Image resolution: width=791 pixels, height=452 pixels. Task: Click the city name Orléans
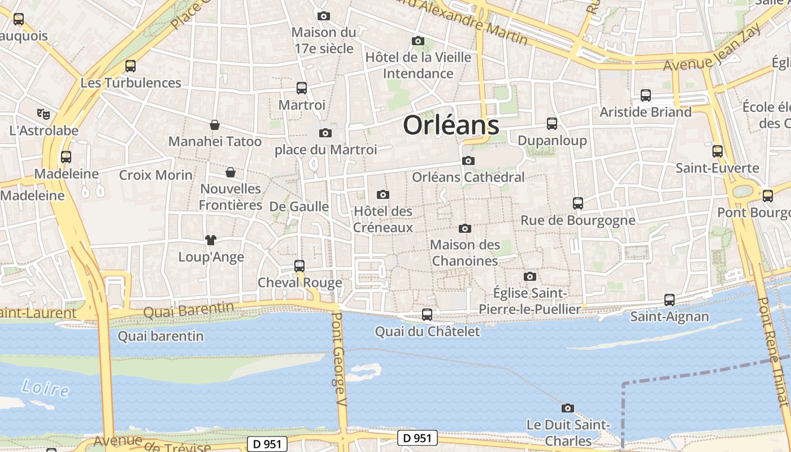point(451,125)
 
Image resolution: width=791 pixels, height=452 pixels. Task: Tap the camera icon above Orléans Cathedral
point(468,161)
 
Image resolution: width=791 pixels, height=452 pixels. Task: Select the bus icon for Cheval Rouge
point(299,266)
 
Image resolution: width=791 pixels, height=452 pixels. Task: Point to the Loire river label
point(45,388)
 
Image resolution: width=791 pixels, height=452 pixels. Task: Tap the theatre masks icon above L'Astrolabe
point(43,114)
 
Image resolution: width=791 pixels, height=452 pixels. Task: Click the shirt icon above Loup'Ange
point(211,240)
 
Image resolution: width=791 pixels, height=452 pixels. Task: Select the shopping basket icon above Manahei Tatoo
point(215,125)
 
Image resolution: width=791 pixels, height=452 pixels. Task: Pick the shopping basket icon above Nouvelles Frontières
point(231,172)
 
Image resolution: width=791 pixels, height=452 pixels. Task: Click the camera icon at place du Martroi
point(325,133)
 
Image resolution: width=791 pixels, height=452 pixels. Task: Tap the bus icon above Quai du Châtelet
point(427,315)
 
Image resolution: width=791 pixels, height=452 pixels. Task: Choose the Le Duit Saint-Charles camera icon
point(568,408)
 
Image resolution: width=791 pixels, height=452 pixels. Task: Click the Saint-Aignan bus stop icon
point(670,300)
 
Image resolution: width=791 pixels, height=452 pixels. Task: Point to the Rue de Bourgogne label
point(578,220)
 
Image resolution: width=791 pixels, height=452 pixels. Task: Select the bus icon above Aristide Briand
point(646,95)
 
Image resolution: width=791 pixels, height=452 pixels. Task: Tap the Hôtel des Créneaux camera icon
point(383,195)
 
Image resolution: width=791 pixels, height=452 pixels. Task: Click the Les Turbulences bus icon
point(131,66)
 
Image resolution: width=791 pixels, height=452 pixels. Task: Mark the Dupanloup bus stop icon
point(552,124)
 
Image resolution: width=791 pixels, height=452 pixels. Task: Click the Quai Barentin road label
point(188,310)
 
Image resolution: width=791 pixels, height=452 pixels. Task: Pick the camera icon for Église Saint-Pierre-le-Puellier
point(529,276)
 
